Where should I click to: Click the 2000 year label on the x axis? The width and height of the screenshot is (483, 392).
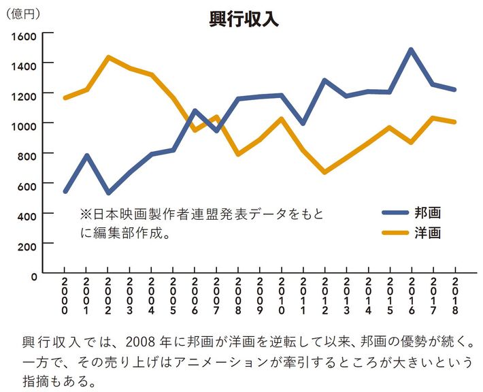(x=65, y=295)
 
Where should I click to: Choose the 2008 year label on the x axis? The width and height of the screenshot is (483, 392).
(x=238, y=295)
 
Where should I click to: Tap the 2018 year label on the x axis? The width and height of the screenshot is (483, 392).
(x=455, y=295)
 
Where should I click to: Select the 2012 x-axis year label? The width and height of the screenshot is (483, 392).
(x=325, y=295)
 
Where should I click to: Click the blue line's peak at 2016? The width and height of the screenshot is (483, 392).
(x=412, y=50)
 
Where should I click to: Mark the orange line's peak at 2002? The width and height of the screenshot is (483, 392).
(x=108, y=57)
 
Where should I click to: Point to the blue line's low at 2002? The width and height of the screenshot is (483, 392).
(x=108, y=193)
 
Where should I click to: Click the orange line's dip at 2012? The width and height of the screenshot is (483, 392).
(x=324, y=173)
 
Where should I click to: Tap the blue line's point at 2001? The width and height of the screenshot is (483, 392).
(x=86, y=156)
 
